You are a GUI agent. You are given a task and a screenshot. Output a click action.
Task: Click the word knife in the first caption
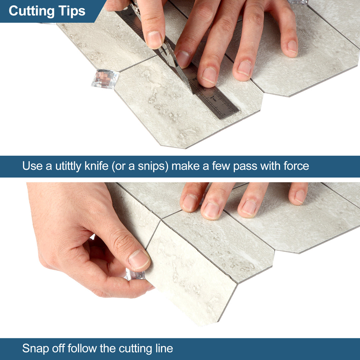[96, 166]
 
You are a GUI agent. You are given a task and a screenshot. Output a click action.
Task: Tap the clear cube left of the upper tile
[105, 79]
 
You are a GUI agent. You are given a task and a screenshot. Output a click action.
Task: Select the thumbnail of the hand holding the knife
[154, 39]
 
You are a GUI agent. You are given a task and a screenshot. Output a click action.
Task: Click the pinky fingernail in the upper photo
[292, 47]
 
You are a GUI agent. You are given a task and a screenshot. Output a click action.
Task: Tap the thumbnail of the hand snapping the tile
[138, 260]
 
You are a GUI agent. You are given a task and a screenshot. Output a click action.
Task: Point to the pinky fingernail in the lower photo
[300, 197]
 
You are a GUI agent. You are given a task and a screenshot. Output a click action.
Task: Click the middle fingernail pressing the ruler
[209, 75]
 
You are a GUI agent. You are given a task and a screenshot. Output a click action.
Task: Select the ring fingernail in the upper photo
[244, 68]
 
